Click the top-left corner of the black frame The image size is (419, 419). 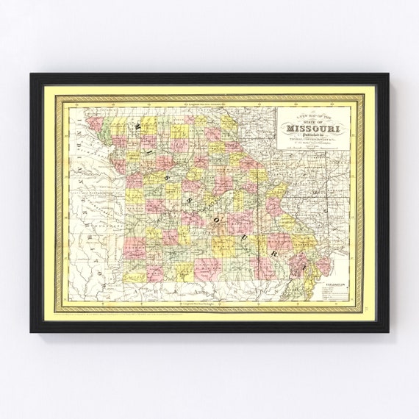32,74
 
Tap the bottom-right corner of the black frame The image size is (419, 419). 387,332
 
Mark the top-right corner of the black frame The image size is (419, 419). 387,74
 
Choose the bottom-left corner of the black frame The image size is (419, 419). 32,332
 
